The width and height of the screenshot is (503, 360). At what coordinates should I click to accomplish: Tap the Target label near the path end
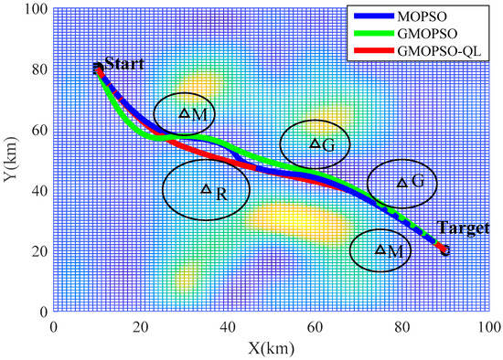[x=463, y=228]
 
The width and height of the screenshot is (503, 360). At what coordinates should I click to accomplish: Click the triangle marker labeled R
[x=206, y=189]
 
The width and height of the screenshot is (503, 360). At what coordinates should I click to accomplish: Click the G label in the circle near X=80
[x=417, y=182]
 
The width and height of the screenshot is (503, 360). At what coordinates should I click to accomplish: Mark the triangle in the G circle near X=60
[x=315, y=143]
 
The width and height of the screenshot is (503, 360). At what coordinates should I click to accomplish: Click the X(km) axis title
[x=272, y=348]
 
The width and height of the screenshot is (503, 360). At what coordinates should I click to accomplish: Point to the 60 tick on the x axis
[x=315, y=324]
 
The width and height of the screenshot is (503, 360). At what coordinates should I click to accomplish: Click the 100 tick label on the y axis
[x=37, y=9]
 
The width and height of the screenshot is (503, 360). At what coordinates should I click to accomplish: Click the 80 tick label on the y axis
[x=41, y=69]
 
